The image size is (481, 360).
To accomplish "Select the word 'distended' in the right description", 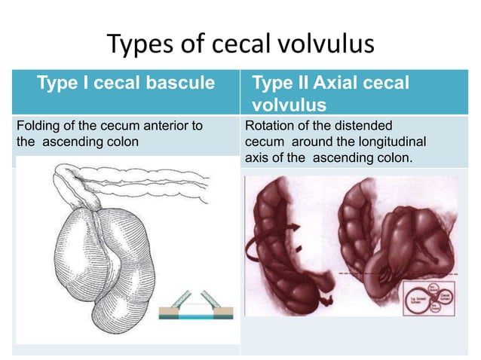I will pos(366,126).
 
